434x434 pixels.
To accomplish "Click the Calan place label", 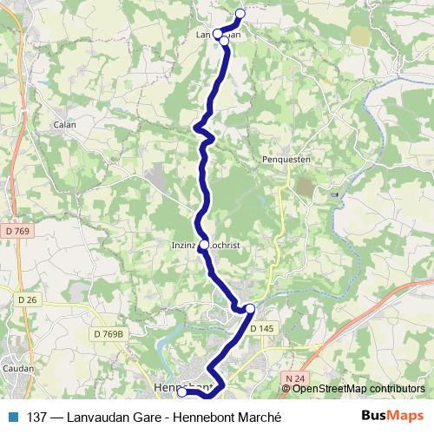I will pyautogui.click(x=65, y=124).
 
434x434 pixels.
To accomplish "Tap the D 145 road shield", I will pyautogui.click(x=261, y=328).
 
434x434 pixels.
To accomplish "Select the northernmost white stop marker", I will pyautogui.click(x=240, y=14).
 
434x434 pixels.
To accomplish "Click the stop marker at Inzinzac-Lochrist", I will pyautogui.click(x=204, y=245).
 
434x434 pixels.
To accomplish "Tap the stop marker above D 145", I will pyautogui.click(x=250, y=309).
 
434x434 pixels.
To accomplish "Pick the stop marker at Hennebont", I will pyautogui.click(x=182, y=392).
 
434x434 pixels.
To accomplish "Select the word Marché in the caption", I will pyautogui.click(x=259, y=417).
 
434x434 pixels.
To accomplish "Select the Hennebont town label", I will pyautogui.click(x=174, y=385).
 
